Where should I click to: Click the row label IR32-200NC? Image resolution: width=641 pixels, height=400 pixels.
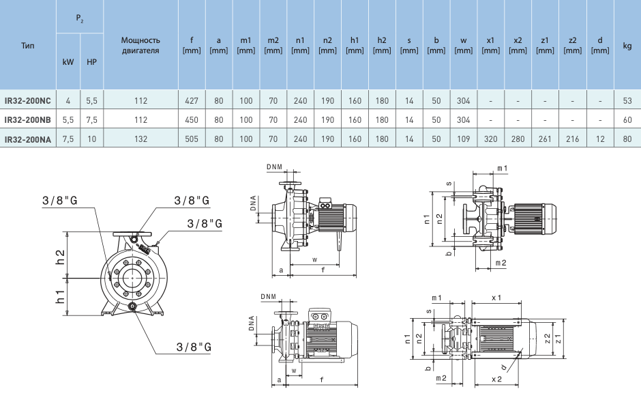tap(28, 101)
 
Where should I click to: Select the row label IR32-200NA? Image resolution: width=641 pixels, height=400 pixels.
tap(28, 139)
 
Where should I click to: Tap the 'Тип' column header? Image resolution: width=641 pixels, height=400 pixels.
tap(28, 46)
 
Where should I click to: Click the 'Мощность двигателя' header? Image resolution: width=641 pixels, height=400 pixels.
tap(140, 45)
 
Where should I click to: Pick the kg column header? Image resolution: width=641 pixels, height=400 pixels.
tap(627, 46)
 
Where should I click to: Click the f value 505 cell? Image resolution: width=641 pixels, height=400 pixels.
tap(192, 139)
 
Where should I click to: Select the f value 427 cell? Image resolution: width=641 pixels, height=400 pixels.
tap(192, 101)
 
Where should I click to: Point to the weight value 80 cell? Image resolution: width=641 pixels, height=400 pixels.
tap(627, 139)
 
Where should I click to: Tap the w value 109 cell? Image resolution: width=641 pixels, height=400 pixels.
tap(463, 139)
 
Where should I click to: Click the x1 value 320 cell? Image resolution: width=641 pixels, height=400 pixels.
tap(490, 139)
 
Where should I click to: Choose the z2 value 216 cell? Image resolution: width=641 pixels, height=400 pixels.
tap(572, 139)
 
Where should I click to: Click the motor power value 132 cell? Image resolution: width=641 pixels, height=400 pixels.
tap(140, 139)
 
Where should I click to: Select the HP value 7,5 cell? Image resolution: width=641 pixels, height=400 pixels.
tap(92, 120)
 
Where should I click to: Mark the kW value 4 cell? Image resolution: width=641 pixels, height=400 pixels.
tap(68, 101)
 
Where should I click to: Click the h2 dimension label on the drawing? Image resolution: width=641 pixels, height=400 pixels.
tap(61, 257)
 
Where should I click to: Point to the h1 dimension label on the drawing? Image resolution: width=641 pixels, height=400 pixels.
tap(61, 297)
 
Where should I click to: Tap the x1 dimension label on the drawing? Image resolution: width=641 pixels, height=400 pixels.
tap(496, 298)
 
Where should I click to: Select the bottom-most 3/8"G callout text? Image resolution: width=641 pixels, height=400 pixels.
tap(193, 347)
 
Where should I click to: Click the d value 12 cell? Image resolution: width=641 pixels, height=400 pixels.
tap(599, 139)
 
